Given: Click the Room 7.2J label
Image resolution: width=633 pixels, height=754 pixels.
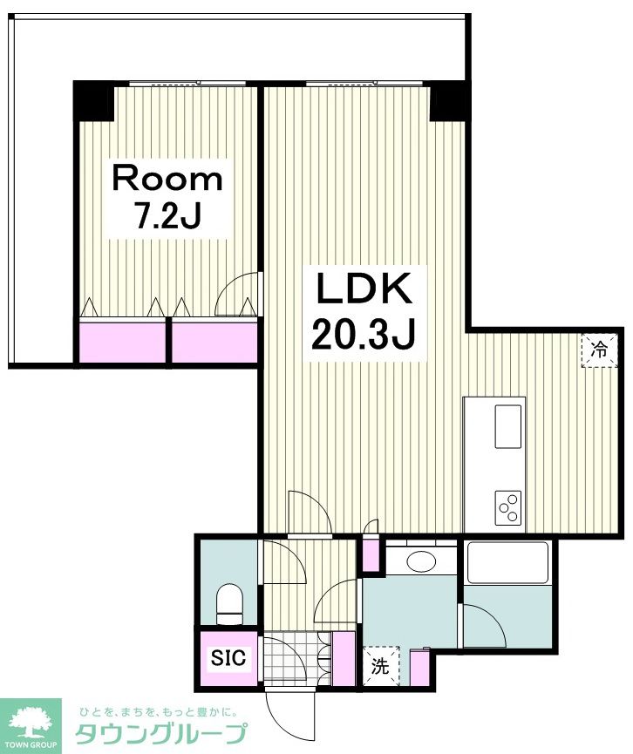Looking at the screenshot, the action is pyautogui.click(x=167, y=196).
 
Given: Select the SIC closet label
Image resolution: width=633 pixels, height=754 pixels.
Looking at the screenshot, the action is pyautogui.click(x=228, y=657).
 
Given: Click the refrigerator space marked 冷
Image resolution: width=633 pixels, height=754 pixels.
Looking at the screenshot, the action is pyautogui.click(x=599, y=350).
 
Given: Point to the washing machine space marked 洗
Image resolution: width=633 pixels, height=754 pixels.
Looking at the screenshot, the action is pyautogui.click(x=381, y=666).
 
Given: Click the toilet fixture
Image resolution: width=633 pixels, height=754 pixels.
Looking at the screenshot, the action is pyautogui.click(x=229, y=604).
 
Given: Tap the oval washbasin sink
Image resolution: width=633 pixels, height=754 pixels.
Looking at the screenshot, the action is pyautogui.click(x=421, y=561).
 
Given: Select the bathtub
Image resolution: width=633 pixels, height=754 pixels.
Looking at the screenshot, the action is pyautogui.click(x=508, y=562).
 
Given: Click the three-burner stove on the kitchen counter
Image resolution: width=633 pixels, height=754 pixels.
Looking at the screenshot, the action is pyautogui.click(x=508, y=507).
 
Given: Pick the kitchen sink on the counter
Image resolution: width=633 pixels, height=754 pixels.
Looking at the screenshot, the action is pyautogui.click(x=508, y=426).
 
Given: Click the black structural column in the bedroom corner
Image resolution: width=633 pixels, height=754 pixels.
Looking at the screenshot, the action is pyautogui.click(x=93, y=101).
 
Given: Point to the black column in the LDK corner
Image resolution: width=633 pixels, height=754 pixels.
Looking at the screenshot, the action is pyautogui.click(x=447, y=102).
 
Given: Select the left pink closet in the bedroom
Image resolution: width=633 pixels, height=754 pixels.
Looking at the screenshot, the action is pyautogui.click(x=122, y=343).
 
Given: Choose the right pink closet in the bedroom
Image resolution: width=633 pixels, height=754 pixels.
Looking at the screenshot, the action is pyautogui.click(x=214, y=343).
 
